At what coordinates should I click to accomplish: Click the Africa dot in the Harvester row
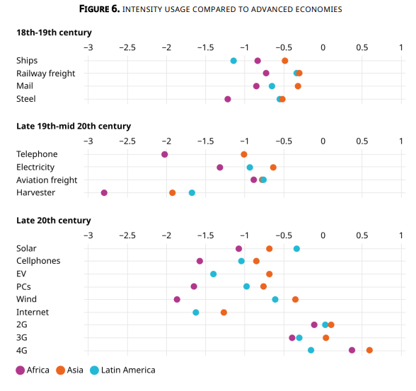pyautogui.click(x=104, y=192)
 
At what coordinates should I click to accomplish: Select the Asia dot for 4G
pyautogui.click(x=369, y=350)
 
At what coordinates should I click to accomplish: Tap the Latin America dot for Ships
pyautogui.click(x=233, y=61)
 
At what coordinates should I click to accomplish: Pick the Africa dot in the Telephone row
pyautogui.click(x=165, y=154)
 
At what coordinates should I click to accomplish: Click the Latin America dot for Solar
pyautogui.click(x=296, y=248)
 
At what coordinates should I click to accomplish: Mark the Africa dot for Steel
pyautogui.click(x=228, y=99)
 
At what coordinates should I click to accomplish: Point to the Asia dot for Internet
pyautogui.click(x=224, y=312)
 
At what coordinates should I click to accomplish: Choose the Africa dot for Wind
pyautogui.click(x=177, y=299)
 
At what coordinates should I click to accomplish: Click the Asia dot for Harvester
pyautogui.click(x=173, y=192)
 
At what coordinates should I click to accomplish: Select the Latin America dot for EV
pyautogui.click(x=214, y=274)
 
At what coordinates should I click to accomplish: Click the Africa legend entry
pyautogui.click(x=33, y=370)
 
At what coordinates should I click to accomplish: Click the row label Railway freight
pyautogui.click(x=46, y=74)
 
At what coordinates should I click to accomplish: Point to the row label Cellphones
pyautogui.click(x=38, y=261)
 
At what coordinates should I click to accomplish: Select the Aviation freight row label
pyautogui.click(x=47, y=180)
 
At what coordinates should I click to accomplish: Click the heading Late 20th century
pyautogui.click(x=53, y=221)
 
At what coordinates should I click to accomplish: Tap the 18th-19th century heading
pyautogui.click(x=54, y=33)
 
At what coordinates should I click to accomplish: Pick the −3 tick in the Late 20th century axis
pyautogui.click(x=88, y=235)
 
